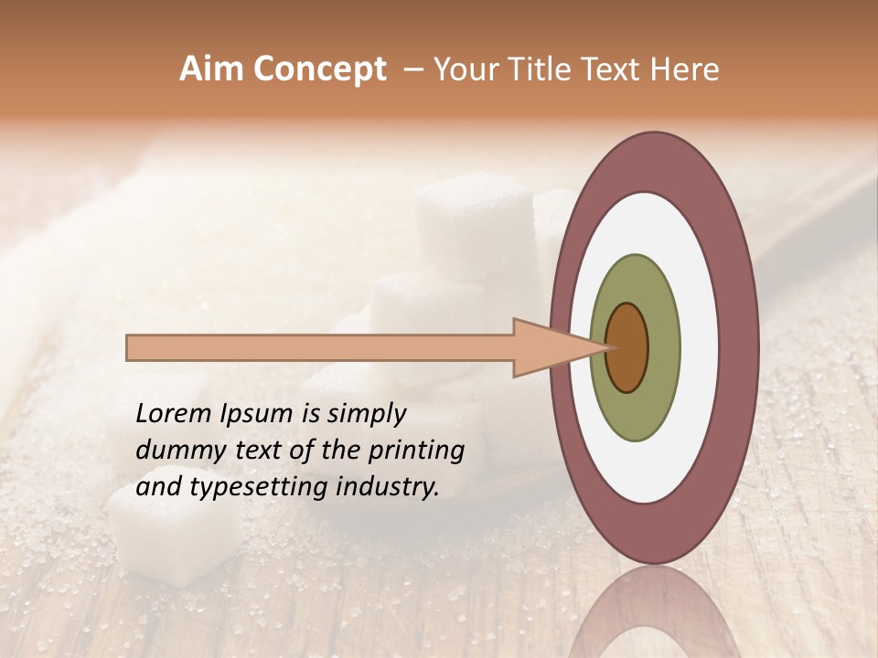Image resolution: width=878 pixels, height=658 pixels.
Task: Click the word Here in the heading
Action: [x=685, y=69]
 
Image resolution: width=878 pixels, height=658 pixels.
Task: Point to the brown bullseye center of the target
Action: [x=627, y=347]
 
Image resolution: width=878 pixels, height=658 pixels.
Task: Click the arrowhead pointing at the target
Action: [x=549, y=347]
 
